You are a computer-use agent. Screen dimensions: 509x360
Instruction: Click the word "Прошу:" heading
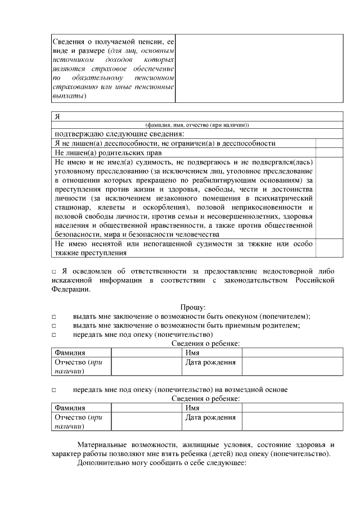193,307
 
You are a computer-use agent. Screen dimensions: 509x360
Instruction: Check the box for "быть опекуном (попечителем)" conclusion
55,317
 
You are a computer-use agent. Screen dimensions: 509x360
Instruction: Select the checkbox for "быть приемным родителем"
55,326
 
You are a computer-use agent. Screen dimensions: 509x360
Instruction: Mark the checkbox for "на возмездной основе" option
55,390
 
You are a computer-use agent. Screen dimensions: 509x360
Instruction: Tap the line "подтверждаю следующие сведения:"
119,134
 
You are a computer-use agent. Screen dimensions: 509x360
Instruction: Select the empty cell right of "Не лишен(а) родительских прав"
328,152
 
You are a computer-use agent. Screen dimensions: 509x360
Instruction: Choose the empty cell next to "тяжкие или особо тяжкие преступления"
328,247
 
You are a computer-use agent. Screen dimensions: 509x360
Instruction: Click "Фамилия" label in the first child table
70,353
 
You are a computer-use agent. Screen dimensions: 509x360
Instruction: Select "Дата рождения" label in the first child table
210,363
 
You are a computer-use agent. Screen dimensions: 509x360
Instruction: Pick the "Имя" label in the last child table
192,408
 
